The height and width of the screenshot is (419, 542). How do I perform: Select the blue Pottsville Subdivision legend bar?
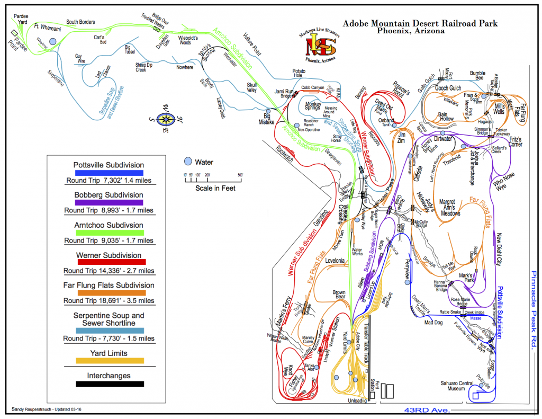pos(109,173)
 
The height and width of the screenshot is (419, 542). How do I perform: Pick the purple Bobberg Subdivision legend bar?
pos(109,202)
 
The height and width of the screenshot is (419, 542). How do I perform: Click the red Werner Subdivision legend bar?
pos(109,262)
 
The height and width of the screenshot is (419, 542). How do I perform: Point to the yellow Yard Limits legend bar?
pos(109,361)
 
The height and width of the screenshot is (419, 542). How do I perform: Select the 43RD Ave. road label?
pos(427,411)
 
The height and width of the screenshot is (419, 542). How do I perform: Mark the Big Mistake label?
pos(267,119)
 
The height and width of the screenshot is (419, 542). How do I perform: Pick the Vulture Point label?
pos(252,45)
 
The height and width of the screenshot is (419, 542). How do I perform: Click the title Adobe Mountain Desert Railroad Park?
pos(420,23)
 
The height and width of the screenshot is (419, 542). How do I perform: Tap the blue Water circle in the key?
pos(187,162)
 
